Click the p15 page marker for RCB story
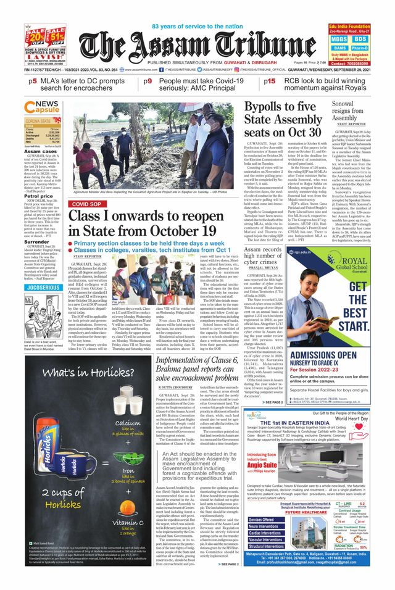(269, 81)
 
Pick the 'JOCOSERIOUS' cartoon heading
(43, 287)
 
